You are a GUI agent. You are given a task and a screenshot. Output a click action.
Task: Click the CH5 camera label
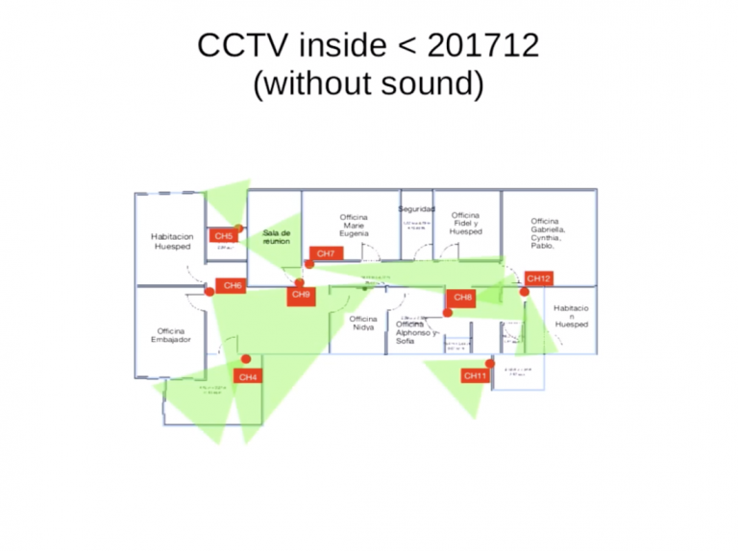(x=223, y=236)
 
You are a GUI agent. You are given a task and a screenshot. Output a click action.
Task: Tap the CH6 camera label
(x=232, y=285)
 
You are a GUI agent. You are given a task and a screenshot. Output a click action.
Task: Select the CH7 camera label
(x=326, y=253)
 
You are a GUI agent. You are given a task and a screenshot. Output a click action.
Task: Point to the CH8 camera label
(x=463, y=298)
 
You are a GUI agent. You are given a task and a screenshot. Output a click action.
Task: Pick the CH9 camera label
(x=301, y=295)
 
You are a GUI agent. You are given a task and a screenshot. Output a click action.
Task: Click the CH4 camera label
(x=248, y=377)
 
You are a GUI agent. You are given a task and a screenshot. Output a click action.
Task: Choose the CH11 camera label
(x=475, y=375)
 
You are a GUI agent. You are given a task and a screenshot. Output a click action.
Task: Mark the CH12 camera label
(x=539, y=278)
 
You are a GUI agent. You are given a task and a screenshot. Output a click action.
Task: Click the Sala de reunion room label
(x=276, y=236)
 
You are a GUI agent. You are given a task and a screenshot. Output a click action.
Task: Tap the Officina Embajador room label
(x=171, y=335)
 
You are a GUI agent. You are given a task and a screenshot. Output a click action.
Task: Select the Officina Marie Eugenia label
(x=354, y=226)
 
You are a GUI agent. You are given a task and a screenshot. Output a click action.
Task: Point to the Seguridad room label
(x=416, y=209)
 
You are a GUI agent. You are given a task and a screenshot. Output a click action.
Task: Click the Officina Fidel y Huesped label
(x=465, y=224)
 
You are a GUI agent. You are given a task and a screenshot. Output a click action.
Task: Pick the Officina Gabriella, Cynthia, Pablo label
(x=548, y=233)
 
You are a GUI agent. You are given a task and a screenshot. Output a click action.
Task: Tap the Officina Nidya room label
(x=363, y=323)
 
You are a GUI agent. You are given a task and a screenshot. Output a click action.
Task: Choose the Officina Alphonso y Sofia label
(x=416, y=332)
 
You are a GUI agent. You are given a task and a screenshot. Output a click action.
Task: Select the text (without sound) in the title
(x=368, y=84)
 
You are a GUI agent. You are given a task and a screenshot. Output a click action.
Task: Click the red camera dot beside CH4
(x=246, y=359)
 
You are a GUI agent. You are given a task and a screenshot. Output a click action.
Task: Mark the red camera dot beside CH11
(x=490, y=364)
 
